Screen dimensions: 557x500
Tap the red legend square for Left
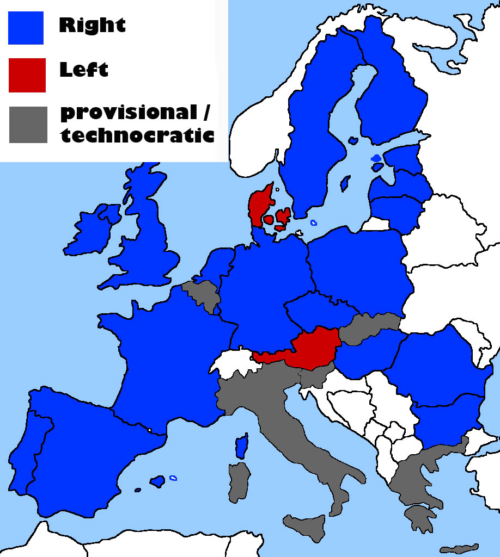(x=27, y=75)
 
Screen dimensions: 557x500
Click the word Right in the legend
(x=92, y=24)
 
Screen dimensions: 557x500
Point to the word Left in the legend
(x=83, y=70)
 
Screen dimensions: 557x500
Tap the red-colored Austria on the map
(x=315, y=349)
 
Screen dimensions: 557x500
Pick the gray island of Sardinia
(x=239, y=481)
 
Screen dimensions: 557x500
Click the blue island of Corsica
(x=242, y=446)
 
